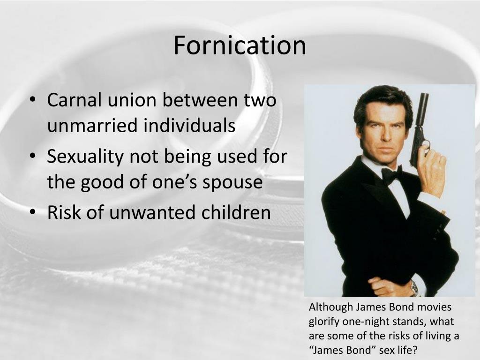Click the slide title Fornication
click(240, 45)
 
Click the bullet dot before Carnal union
click(33, 101)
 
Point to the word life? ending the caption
click(406, 350)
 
